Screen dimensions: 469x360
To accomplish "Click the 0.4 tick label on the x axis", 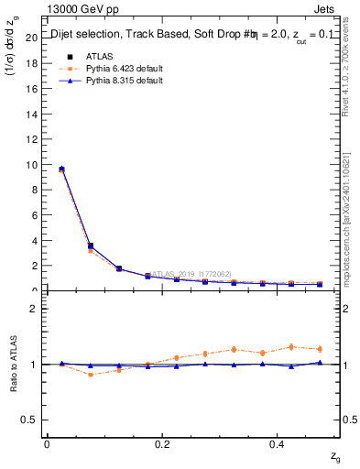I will [276, 444].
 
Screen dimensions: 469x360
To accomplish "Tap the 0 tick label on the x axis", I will [48, 444].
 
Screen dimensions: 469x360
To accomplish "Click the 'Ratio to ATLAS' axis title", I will [14, 365].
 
